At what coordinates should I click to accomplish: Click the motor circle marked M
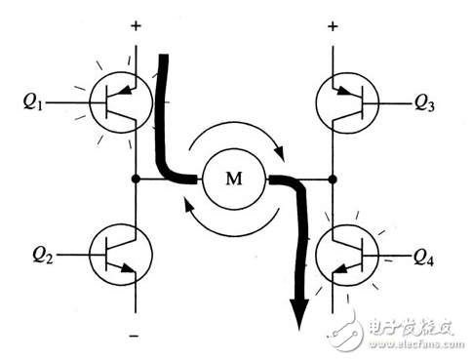pos(232,179)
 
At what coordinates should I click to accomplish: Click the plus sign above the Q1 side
pos(135,20)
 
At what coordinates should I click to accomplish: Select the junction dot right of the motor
pos(334,180)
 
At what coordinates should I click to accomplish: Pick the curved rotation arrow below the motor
pos(230,224)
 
